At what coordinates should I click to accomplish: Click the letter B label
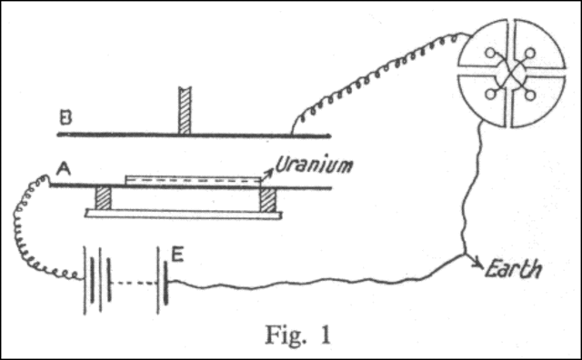[64, 117]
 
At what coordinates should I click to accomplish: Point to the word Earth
[514, 270]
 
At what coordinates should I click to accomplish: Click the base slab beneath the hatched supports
[185, 214]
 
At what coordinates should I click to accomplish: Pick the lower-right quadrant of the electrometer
[540, 101]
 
